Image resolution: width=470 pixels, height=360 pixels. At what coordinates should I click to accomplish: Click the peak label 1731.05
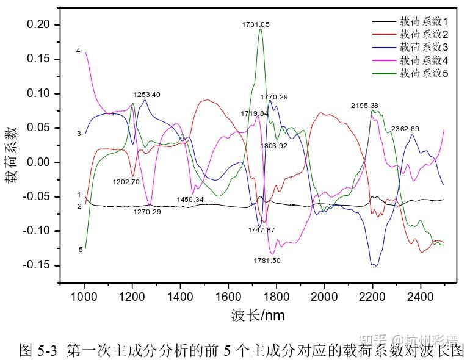(256, 24)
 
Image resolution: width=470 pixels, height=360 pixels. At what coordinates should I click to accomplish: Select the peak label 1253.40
(147, 95)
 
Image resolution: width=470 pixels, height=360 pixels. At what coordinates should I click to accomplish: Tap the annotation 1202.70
(126, 182)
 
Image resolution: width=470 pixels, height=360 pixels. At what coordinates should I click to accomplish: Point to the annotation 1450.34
(190, 200)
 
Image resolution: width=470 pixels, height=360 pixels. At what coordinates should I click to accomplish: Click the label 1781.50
(267, 261)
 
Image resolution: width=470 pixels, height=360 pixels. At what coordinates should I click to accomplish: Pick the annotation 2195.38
(364, 106)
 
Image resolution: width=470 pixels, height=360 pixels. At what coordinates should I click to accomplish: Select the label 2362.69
(405, 129)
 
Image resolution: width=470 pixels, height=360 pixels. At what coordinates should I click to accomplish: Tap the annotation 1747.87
(261, 230)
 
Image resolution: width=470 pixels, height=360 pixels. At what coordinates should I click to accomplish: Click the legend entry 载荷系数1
(424, 21)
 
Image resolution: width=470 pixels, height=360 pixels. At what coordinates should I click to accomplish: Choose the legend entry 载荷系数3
(424, 47)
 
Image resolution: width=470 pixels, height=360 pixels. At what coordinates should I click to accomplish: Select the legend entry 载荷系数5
(424, 73)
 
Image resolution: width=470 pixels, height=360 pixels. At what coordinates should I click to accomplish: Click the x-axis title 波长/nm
(258, 315)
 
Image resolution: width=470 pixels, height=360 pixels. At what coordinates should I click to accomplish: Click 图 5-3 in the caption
(38, 349)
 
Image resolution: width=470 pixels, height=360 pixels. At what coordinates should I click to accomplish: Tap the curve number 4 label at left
(78, 51)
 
